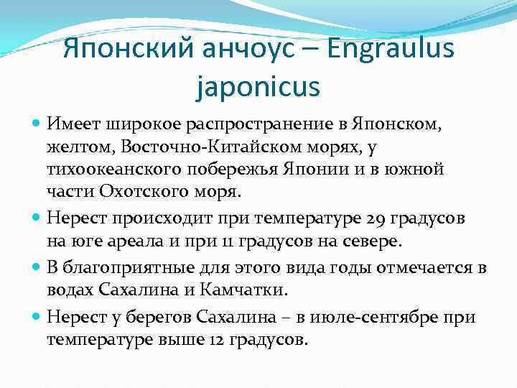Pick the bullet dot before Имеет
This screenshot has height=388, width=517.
pos(37,124)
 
